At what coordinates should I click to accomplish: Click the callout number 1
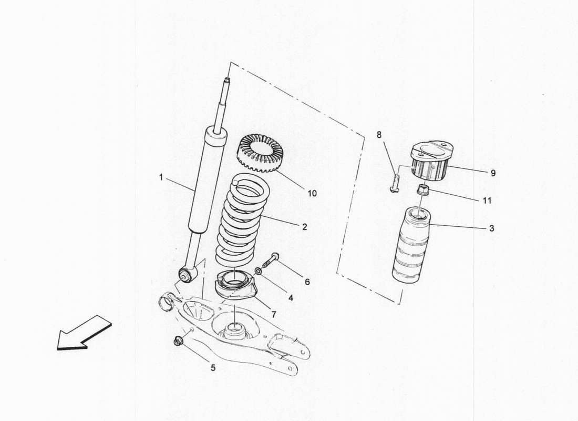click(x=161, y=178)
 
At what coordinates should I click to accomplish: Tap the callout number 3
click(x=491, y=228)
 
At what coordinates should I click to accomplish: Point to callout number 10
click(x=312, y=193)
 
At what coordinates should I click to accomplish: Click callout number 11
click(x=487, y=201)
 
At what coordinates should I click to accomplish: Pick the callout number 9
click(x=492, y=172)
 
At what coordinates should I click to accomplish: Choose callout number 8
click(x=379, y=135)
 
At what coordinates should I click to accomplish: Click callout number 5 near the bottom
click(x=213, y=368)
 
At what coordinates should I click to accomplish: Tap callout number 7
click(x=273, y=314)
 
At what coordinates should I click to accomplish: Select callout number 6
click(x=307, y=282)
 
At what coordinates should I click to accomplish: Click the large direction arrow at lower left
click(x=84, y=333)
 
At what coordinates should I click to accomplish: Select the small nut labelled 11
click(x=423, y=189)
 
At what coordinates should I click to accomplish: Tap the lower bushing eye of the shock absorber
click(x=185, y=273)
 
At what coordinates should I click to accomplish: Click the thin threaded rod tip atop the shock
click(x=227, y=84)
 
